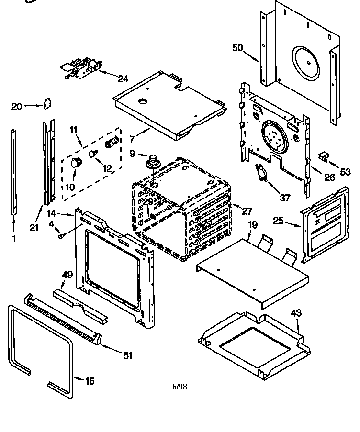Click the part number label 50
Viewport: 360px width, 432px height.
(238, 47)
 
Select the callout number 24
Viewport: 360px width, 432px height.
(123, 79)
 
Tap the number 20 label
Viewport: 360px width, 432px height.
(17, 107)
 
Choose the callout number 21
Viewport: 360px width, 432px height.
(34, 228)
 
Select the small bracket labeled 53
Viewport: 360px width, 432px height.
(325, 155)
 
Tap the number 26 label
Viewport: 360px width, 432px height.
(329, 177)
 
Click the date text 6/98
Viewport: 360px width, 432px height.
(179, 387)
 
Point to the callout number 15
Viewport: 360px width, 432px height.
(90, 381)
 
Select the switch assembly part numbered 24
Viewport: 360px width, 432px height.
(81, 67)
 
